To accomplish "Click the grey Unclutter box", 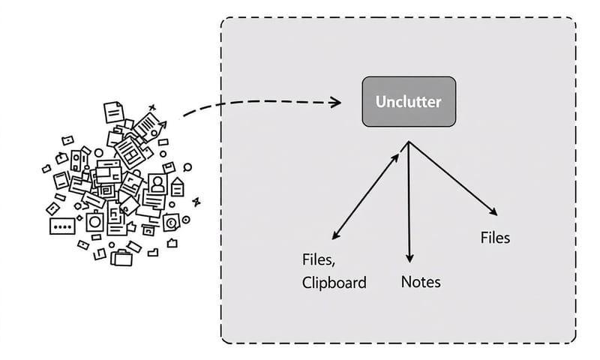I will point(409,101).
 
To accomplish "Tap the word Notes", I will point(421,282).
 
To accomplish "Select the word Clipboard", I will point(334,283).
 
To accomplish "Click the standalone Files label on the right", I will point(495,238).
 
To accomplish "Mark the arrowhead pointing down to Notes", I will point(409,257).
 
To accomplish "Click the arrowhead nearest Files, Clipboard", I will point(334,236).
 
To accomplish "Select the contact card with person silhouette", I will point(157,183).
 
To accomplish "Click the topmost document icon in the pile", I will point(112,112).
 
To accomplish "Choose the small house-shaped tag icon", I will point(178,185).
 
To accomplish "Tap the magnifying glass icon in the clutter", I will point(187,168).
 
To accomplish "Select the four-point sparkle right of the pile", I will point(196,201).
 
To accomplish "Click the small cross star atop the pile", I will point(152,107).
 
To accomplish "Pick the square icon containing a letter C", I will point(171,222).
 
